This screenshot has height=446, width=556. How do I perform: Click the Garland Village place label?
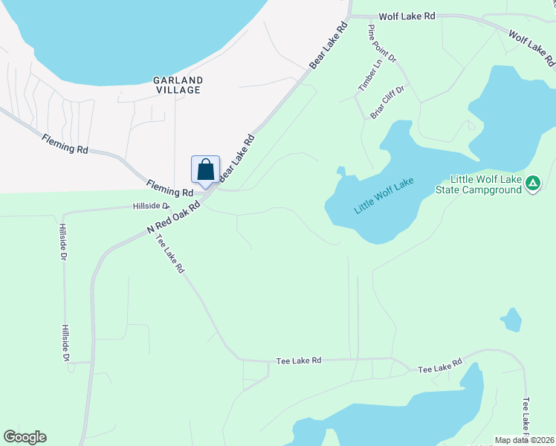tap(178, 84)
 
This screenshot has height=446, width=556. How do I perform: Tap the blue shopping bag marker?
tap(206, 169)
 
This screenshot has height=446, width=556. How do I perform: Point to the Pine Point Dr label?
tap(383, 42)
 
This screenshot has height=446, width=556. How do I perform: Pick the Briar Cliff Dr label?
tap(387, 103)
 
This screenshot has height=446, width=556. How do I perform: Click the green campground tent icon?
tap(532, 183)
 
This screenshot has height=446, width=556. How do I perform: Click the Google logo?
tap(25, 437)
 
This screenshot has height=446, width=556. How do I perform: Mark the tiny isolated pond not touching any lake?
tap(511, 320)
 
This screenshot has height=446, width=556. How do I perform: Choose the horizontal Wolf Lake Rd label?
tap(406, 16)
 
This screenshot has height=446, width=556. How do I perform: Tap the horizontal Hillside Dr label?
tap(151, 205)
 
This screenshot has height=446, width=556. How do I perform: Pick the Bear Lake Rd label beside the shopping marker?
tap(237, 160)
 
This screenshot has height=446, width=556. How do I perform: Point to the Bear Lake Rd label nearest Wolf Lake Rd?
tap(329, 47)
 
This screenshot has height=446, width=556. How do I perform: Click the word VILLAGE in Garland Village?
tap(178, 90)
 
